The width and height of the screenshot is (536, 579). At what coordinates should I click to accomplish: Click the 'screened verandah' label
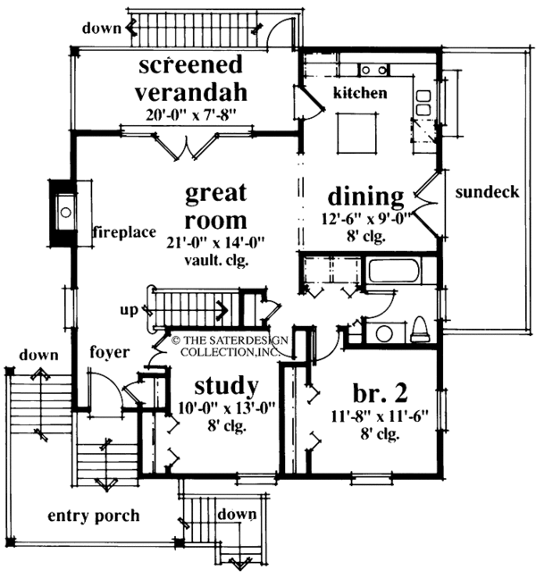[191, 79]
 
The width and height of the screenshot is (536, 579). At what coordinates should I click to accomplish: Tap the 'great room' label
[217, 206]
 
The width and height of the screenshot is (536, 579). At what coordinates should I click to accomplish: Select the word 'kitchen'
[360, 93]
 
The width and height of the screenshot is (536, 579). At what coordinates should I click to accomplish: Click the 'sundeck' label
[487, 193]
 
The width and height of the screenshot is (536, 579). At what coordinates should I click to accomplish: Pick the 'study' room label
[227, 386]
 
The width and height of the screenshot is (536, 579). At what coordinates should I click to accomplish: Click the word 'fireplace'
[123, 234]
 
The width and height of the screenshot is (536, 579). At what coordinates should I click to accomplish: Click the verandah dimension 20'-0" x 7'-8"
[191, 113]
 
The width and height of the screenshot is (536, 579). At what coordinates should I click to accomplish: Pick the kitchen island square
[356, 132]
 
